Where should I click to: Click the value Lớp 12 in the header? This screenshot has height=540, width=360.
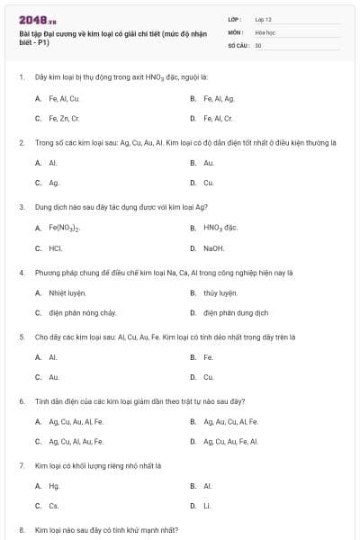click(x=264, y=19)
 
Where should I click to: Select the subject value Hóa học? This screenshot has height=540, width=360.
click(x=265, y=31)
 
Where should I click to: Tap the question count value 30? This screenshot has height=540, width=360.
click(x=258, y=44)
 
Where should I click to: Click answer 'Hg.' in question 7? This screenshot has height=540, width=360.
click(x=54, y=486)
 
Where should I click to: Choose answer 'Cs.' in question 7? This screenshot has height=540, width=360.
click(x=54, y=506)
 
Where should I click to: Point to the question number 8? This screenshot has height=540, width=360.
click(x=21, y=531)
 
